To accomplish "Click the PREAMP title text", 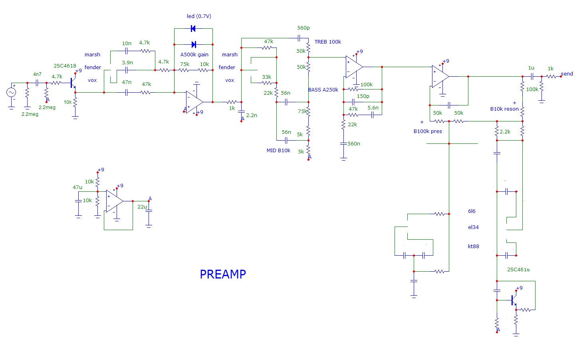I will tap(223, 274).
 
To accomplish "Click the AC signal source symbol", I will tap(11, 92).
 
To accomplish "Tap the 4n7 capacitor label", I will tap(37, 74).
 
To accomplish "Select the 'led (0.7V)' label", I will tap(199, 16).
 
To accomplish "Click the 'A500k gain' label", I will tap(194, 55).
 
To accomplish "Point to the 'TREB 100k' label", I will tap(328, 42).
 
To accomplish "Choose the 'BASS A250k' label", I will tap(323, 90).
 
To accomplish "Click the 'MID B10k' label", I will tap(278, 151).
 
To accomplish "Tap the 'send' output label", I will tap(567, 74).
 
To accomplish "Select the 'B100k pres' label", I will tap(428, 131).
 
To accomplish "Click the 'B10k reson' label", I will tap(504, 109).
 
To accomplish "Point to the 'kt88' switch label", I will tap(473, 247).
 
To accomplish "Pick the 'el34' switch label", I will tap(473, 227).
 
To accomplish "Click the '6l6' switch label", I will tap(472, 211).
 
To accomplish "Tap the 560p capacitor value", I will tap(303, 28).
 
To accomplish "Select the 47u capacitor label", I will tap(77, 187).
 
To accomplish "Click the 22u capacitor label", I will tap(142, 207).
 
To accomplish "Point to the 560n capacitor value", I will tap(354, 144).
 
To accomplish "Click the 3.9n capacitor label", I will tap(127, 63).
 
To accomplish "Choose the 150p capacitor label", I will tap(363, 96).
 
